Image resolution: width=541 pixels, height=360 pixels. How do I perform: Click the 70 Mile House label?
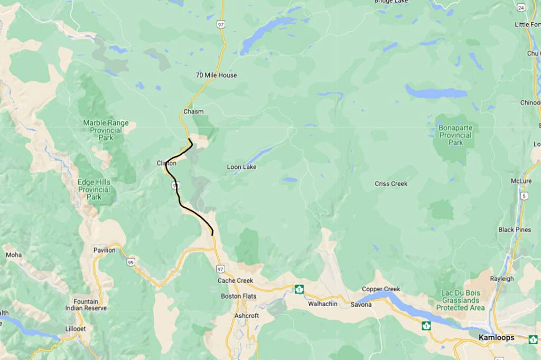tap(216, 75)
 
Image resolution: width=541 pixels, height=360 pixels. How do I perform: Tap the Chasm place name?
tap(193, 111)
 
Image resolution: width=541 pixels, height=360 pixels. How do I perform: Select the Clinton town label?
tap(166, 163)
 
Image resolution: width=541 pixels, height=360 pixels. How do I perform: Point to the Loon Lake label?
tap(241, 167)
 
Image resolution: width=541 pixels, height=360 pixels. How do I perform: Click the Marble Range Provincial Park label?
tap(106, 130)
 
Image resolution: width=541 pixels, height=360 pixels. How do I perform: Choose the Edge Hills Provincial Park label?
tap(94, 189)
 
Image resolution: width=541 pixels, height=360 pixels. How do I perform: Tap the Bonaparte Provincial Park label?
tap(455, 135)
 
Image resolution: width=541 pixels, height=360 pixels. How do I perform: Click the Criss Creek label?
tap(391, 184)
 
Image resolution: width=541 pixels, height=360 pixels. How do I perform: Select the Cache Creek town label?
tap(235, 280)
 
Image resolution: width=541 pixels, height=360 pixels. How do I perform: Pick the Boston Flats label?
tap(238, 296)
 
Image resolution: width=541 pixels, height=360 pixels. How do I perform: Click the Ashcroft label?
tap(247, 316)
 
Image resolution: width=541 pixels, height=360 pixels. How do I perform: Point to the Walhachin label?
tap(323, 304)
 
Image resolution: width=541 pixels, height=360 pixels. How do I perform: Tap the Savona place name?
tap(362, 305)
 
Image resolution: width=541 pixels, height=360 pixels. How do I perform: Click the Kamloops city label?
tap(496, 337)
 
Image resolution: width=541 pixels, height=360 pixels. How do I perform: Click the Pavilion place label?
tap(104, 250)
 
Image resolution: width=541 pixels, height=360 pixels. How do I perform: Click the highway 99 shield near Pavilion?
tap(130, 262)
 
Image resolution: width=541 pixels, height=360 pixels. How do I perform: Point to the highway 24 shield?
tap(521, 8)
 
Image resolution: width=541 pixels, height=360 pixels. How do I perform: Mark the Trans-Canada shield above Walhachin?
tap(299, 289)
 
